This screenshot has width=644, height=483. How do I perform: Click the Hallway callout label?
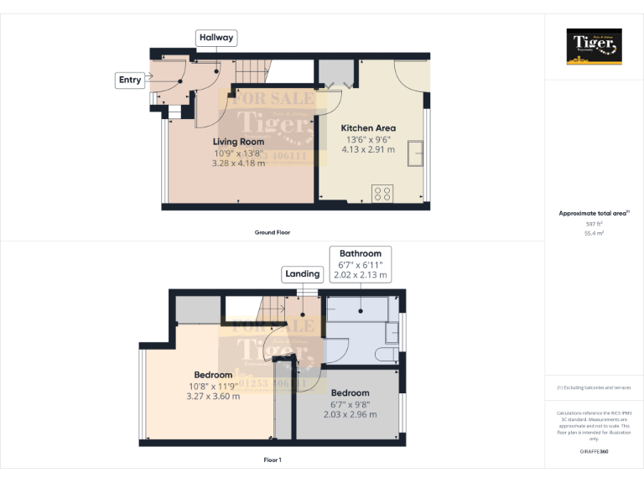216,38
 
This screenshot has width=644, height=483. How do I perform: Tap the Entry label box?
130,80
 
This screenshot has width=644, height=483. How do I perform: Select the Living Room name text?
238,142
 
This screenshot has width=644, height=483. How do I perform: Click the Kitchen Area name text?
369,128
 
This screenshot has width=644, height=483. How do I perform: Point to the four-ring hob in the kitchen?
382,193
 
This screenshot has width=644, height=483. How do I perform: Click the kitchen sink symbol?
415,153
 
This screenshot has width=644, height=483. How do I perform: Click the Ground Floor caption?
273,232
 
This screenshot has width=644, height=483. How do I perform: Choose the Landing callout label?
302,274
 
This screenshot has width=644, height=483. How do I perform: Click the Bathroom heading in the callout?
360,253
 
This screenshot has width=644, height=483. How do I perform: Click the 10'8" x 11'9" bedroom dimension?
213,386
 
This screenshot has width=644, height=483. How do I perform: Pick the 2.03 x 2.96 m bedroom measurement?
350,414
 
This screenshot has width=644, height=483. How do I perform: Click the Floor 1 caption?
273,460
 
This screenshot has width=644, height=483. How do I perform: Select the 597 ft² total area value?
594,224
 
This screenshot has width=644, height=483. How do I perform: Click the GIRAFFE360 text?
594,452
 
